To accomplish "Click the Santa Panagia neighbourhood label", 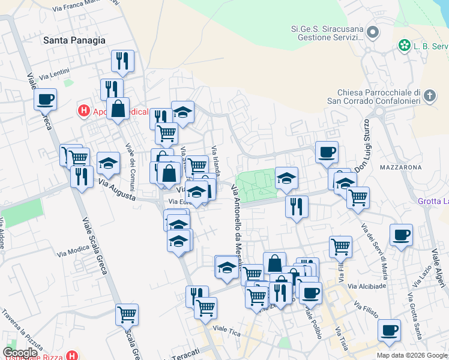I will [74, 40].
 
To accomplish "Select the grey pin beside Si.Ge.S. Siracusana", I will [373, 32].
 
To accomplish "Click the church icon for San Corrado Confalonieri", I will [429, 96].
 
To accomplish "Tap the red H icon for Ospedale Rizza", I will [72, 356].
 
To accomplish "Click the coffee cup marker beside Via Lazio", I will [400, 235].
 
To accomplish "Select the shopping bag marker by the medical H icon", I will [118, 109].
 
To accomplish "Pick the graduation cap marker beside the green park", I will [286, 178].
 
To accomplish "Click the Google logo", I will [20, 353].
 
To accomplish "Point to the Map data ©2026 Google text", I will [411, 355].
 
